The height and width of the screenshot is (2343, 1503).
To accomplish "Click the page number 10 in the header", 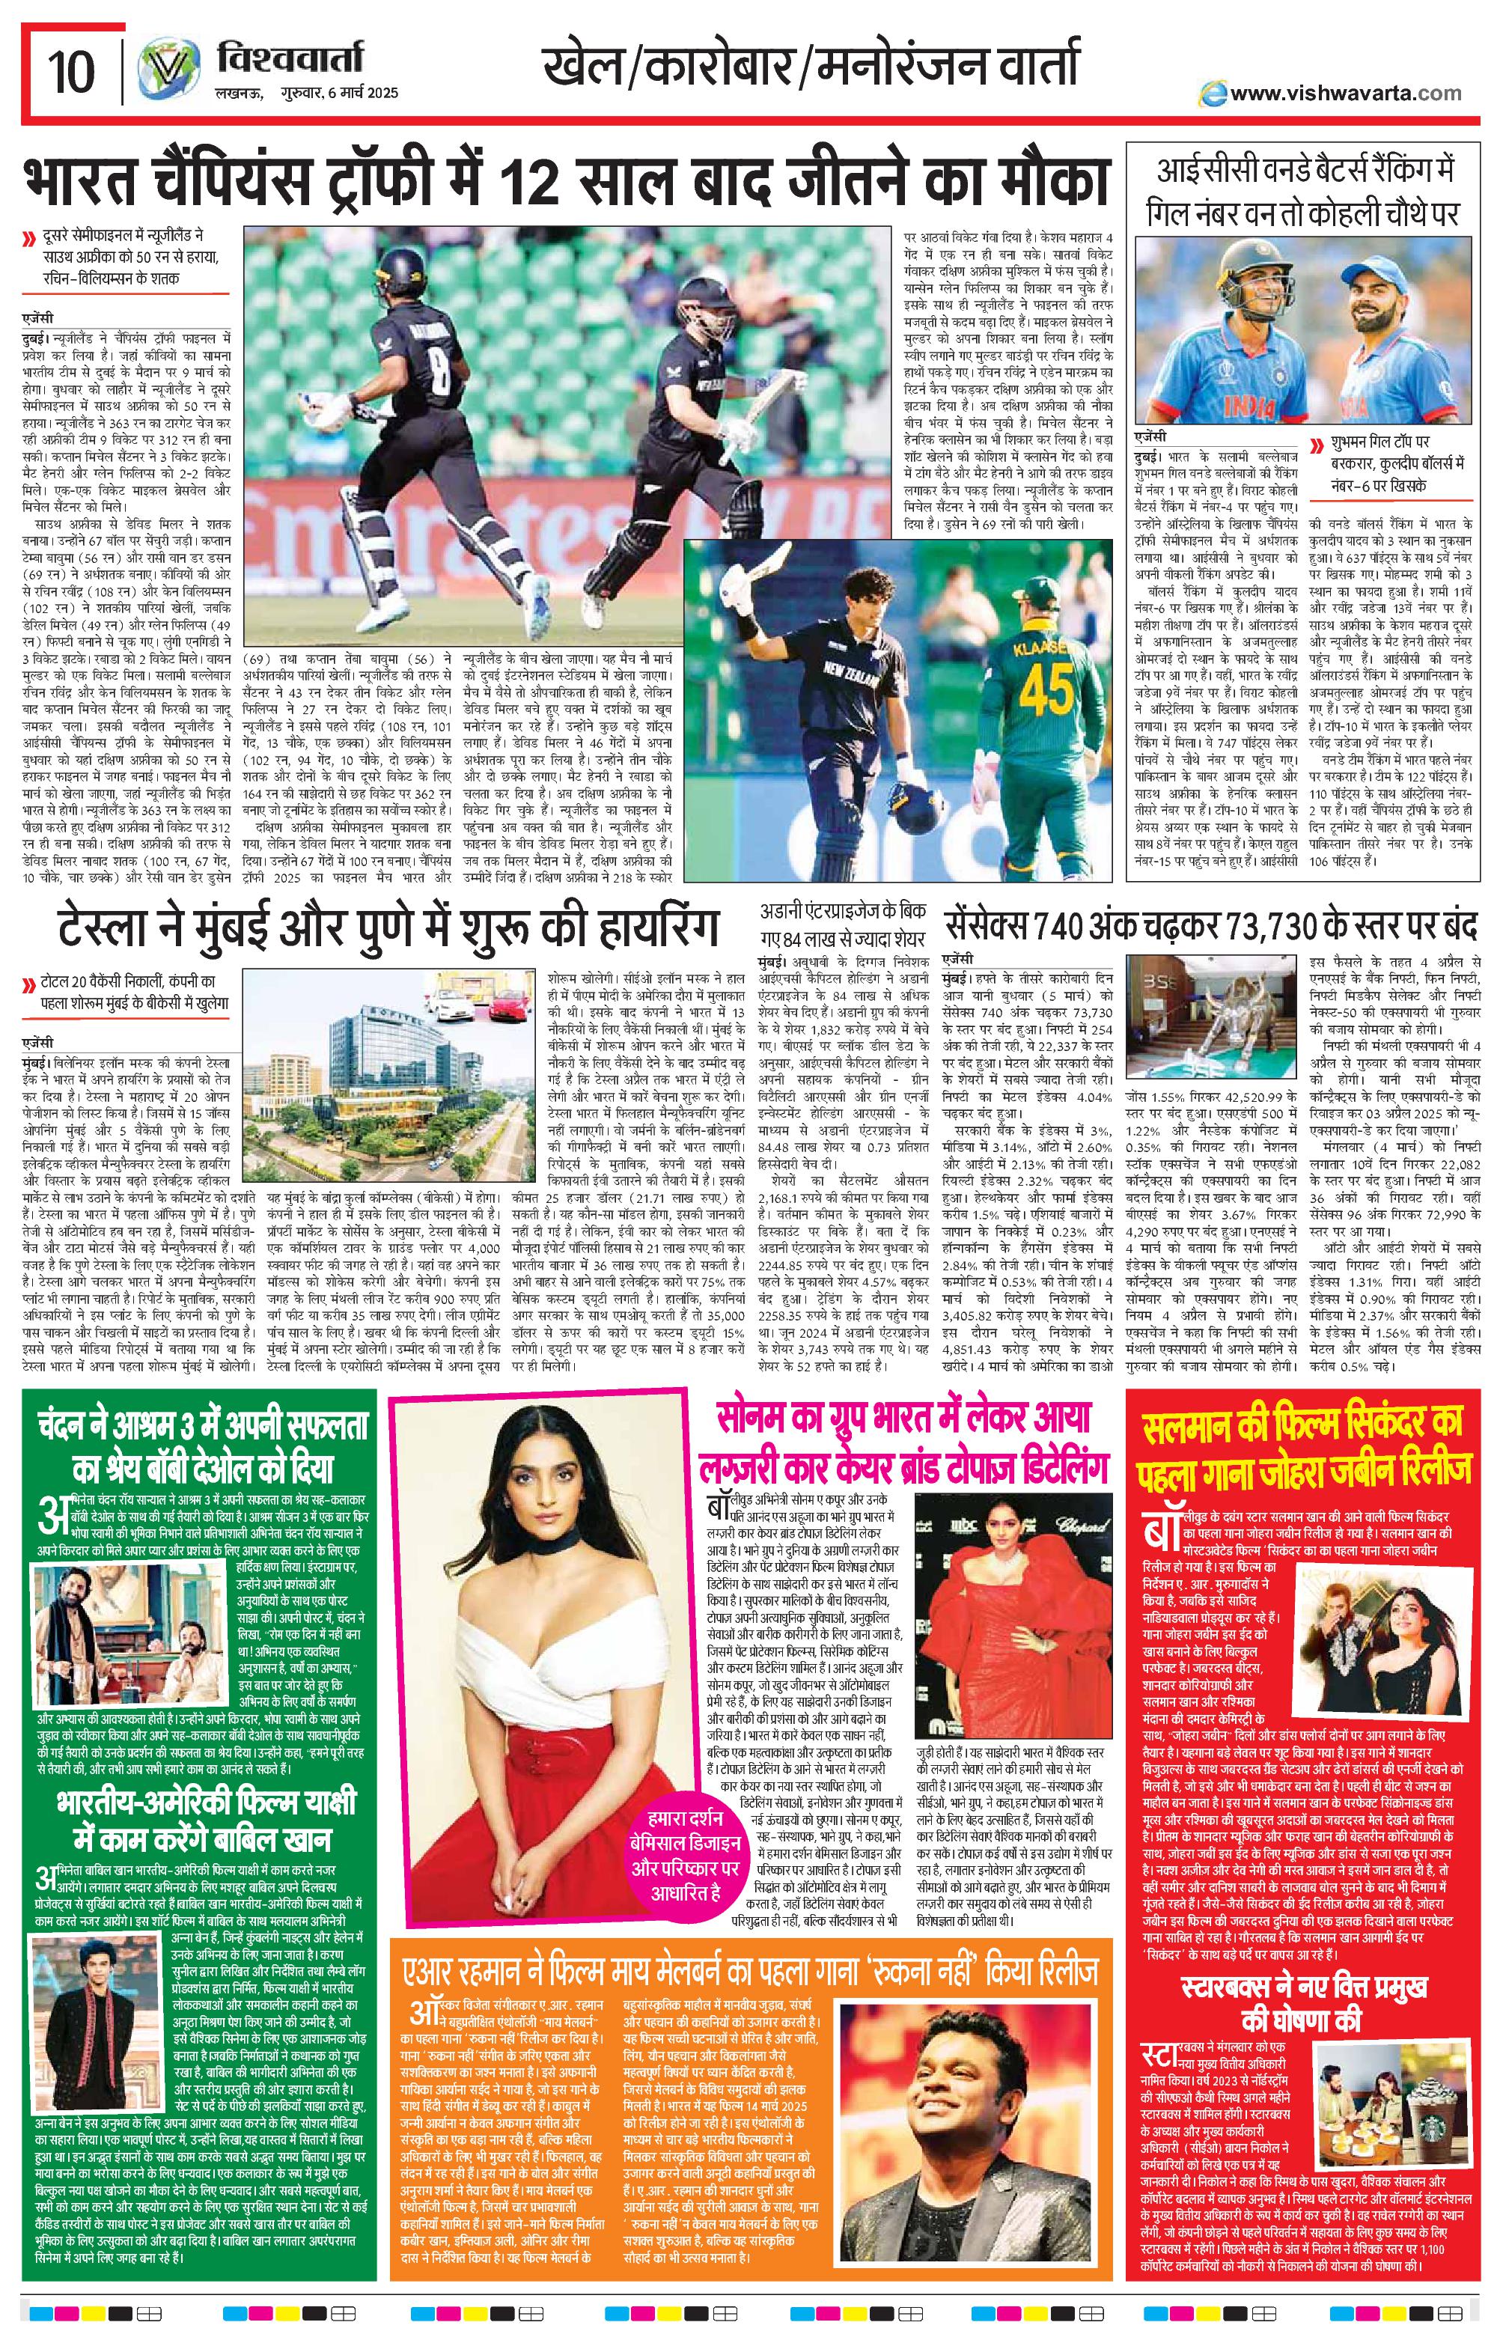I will click(x=71, y=71).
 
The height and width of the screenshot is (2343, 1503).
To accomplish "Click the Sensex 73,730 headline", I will click(x=1210, y=922).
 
